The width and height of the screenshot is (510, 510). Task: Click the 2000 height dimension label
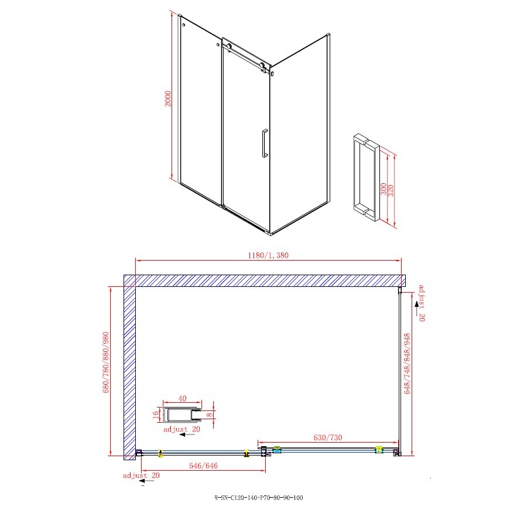coord(168,98)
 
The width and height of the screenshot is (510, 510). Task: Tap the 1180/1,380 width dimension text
coord(268,255)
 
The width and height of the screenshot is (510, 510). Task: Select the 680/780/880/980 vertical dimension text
coord(106,362)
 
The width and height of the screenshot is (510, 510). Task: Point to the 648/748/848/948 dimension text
coord(407,363)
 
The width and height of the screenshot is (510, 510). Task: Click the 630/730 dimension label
coord(328,437)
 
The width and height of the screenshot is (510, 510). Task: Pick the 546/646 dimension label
coord(203,465)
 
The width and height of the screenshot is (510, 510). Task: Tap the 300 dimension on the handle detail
coord(384,189)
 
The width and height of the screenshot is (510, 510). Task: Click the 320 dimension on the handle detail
coord(391,190)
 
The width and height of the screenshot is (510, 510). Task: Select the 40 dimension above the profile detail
coord(183,398)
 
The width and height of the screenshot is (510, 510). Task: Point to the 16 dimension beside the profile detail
coord(156,415)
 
